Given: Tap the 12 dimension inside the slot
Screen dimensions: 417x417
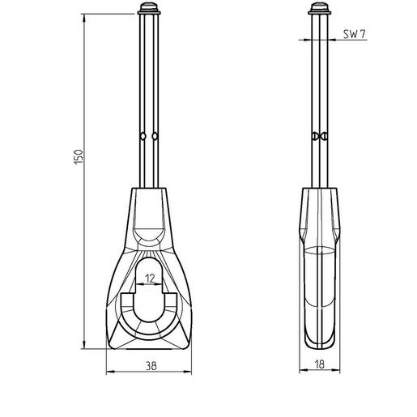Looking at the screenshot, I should (x=150, y=278).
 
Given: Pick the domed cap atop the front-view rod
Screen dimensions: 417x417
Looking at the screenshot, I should (x=150, y=10).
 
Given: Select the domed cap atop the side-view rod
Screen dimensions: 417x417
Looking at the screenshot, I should (x=318, y=10).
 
